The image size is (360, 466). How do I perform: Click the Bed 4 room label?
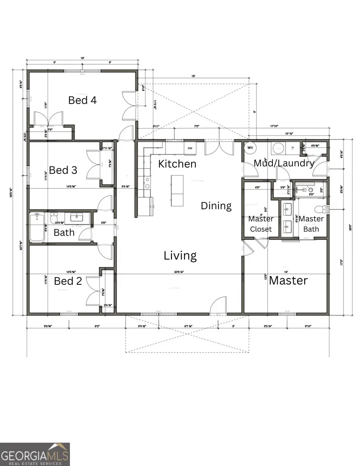[82, 100]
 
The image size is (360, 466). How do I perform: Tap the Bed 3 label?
[63, 170]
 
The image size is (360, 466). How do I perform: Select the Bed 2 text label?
[68, 281]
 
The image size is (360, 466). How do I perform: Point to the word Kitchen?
[177, 164]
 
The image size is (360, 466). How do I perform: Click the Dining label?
[216, 206]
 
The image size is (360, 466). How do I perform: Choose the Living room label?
[180, 256]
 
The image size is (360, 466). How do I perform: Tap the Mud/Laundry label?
[284, 163]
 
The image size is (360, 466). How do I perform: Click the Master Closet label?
[261, 224]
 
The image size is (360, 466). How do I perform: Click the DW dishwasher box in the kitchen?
[190, 148]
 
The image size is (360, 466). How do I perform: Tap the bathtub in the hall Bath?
[37, 228]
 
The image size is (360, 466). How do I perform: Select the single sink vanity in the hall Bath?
[76, 217]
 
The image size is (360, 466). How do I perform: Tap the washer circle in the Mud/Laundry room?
[277, 148]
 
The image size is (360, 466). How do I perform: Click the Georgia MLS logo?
[35, 454]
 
